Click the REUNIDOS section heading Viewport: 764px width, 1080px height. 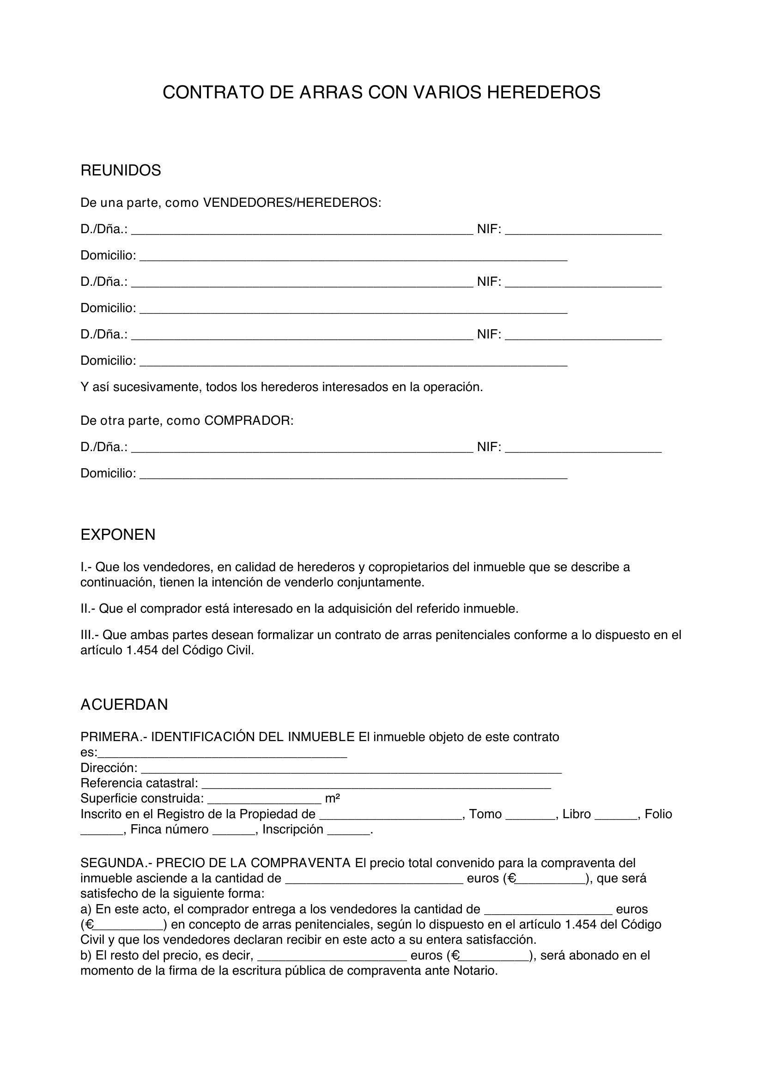[121, 170]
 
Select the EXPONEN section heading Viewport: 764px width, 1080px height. [118, 535]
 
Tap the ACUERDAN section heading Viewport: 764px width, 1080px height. [124, 705]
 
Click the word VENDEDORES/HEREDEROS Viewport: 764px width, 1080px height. [291, 203]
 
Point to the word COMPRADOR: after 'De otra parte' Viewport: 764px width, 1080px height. [249, 421]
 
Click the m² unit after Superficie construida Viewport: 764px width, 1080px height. [333, 799]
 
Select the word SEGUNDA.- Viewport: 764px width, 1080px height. [116, 863]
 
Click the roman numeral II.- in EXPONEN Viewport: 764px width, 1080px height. [88, 609]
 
